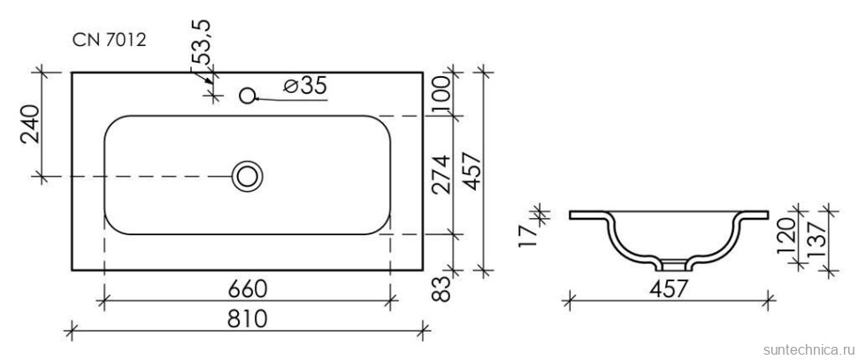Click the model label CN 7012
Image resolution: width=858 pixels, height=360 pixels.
point(109,40)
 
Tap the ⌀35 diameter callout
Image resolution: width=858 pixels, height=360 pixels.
point(306,85)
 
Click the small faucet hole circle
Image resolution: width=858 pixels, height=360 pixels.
point(248,96)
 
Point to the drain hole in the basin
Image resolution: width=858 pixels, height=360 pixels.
point(248,176)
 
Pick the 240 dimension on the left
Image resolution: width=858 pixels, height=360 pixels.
point(31,124)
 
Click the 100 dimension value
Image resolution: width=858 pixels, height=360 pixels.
point(441,94)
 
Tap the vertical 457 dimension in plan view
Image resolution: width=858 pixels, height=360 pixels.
point(471,171)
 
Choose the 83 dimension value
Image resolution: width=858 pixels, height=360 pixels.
point(442,288)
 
